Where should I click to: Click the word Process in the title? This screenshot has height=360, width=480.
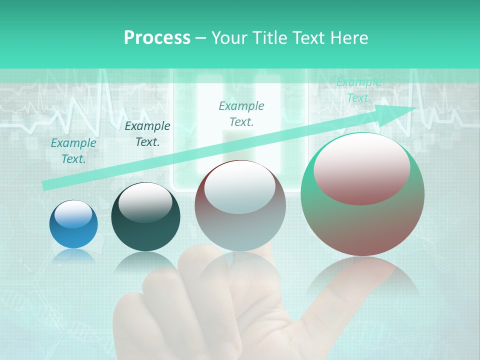point(157,37)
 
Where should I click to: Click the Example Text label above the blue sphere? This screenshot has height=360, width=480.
point(73,151)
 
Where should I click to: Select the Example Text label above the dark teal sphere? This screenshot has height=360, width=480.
point(147,134)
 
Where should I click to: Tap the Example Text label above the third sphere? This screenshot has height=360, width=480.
point(241,113)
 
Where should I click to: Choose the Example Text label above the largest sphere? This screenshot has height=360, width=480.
point(359,90)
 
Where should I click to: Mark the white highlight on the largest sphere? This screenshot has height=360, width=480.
point(361,169)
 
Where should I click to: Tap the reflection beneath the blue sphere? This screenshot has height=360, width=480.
point(73,256)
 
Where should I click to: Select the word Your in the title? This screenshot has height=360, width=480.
point(230,37)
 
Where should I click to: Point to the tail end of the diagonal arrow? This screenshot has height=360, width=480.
point(46,185)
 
